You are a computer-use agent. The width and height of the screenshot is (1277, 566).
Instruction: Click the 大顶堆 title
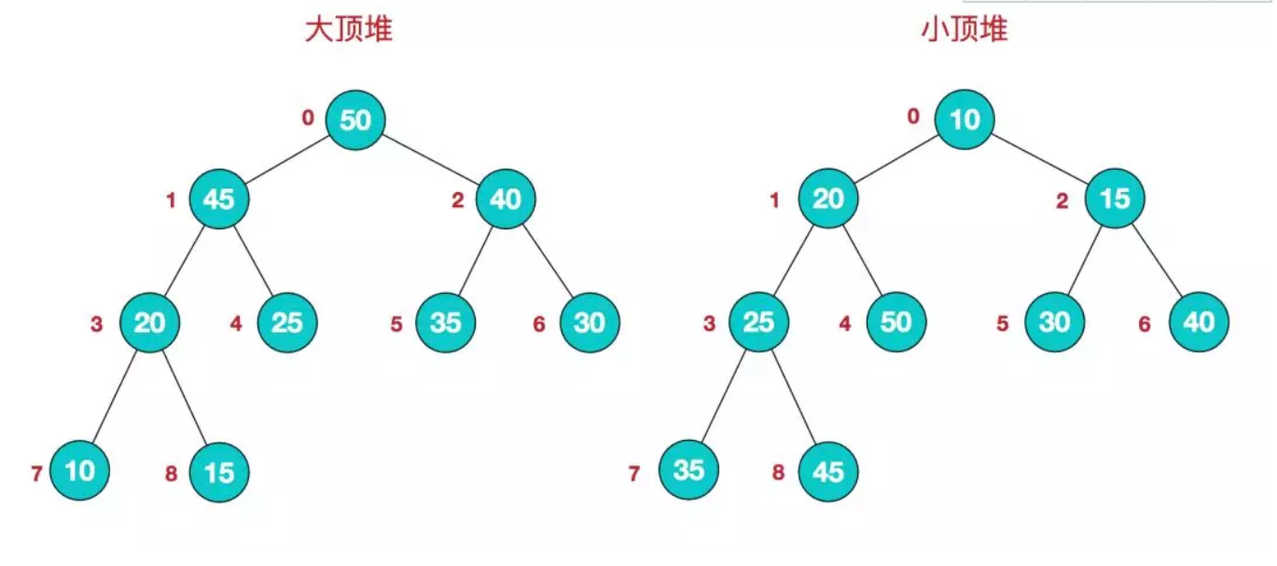[x=348, y=31]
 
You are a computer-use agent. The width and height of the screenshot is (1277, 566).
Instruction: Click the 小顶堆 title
[x=964, y=31]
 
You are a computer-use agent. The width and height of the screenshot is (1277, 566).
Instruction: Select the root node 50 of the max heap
[x=355, y=120]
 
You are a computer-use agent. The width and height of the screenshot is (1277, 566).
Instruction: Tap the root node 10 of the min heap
[x=965, y=120]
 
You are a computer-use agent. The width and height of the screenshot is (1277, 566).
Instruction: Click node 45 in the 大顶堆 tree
[x=218, y=200]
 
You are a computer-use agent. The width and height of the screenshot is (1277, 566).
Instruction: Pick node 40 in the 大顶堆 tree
[x=506, y=200]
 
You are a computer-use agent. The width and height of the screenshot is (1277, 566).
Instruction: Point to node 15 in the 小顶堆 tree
[x=1115, y=200]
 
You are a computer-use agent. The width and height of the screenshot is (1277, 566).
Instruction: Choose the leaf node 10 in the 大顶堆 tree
[x=80, y=471]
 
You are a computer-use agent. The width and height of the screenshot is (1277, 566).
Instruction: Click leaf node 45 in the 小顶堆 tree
[x=827, y=472]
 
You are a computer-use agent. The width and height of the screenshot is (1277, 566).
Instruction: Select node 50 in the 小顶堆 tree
[x=895, y=323]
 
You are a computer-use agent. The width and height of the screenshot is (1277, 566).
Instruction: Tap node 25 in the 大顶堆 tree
[x=287, y=323]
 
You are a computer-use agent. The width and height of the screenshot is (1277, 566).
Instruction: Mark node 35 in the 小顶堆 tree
[x=688, y=470]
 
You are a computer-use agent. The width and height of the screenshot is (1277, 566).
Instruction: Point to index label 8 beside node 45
[x=778, y=474]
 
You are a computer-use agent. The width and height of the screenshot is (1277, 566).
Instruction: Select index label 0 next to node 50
[x=308, y=118]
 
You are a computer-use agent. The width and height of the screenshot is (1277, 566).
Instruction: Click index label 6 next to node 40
[x=1145, y=324]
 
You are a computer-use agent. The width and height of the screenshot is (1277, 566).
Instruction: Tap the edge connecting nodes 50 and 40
[x=430, y=159]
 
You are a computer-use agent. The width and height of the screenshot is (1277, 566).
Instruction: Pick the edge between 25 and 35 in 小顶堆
[x=724, y=395]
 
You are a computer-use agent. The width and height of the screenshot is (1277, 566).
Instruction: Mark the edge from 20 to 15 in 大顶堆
[x=184, y=395]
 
